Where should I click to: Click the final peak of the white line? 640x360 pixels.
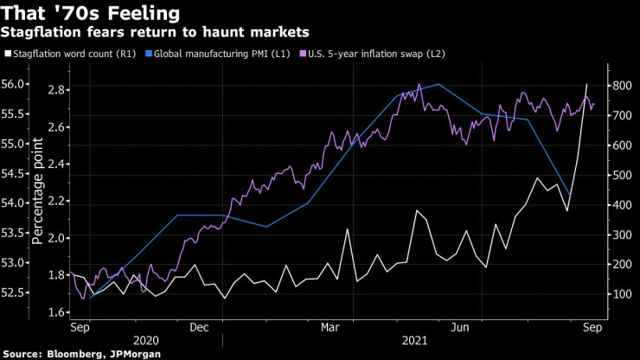click(x=587, y=84)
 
